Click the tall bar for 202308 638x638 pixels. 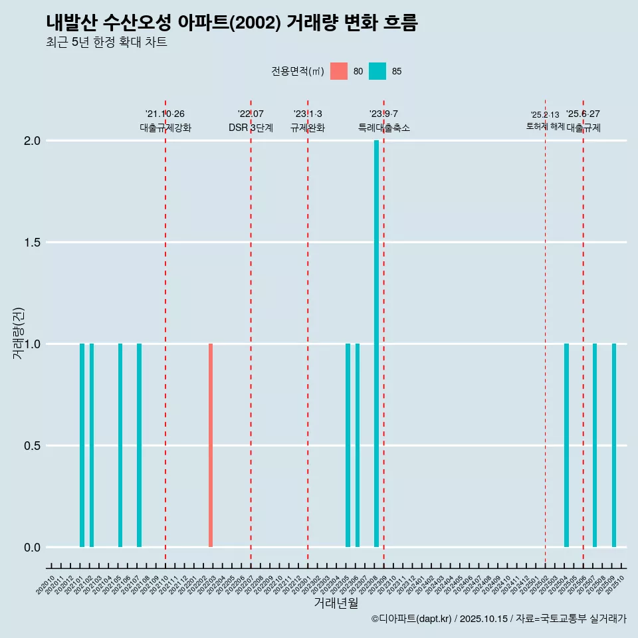tap(376, 344)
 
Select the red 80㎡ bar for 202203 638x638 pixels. tap(211, 445)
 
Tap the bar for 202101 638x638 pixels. tap(82, 445)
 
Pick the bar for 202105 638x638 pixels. tap(120, 445)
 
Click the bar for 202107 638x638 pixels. tap(139, 445)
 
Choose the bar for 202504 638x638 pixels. tap(566, 445)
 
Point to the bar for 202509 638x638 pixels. tap(614, 445)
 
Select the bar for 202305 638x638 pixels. tap(348, 445)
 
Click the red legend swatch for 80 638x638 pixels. tap(339, 71)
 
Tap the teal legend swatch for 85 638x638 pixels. tap(377, 71)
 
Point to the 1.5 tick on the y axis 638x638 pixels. tap(32, 243)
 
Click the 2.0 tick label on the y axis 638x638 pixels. tap(32, 141)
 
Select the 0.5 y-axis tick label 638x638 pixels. tap(32, 446)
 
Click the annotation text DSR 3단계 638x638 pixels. tap(251, 128)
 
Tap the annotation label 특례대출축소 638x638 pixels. tap(383, 128)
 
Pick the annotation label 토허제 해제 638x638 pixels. tap(545, 126)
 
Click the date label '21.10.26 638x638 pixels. tap(165, 114)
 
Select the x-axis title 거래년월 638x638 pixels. tap(336, 603)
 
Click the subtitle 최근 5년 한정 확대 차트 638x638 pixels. tap(106, 43)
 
